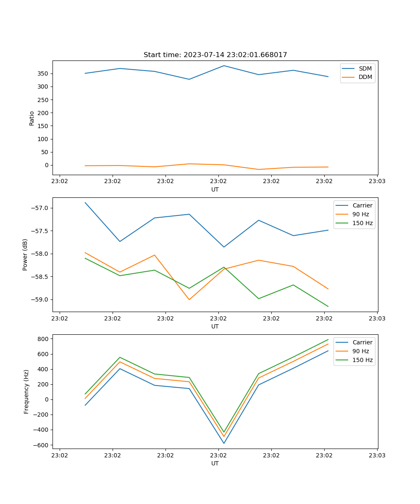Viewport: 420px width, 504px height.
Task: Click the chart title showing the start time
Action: tap(215, 55)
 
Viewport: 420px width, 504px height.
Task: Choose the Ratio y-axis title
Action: tap(32, 118)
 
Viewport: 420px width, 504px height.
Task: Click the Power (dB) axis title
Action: tap(25, 255)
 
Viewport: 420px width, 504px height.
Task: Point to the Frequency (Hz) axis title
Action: tap(26, 391)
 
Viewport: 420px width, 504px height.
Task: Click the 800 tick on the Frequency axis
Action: tap(44, 339)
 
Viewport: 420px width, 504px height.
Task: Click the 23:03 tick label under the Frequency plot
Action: tap(377, 455)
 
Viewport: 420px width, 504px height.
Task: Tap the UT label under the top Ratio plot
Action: tap(215, 189)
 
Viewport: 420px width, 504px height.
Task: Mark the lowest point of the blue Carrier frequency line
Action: tap(224, 443)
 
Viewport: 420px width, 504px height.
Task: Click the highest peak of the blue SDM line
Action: tap(224, 66)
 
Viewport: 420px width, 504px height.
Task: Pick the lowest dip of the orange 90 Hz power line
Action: tap(189, 299)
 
